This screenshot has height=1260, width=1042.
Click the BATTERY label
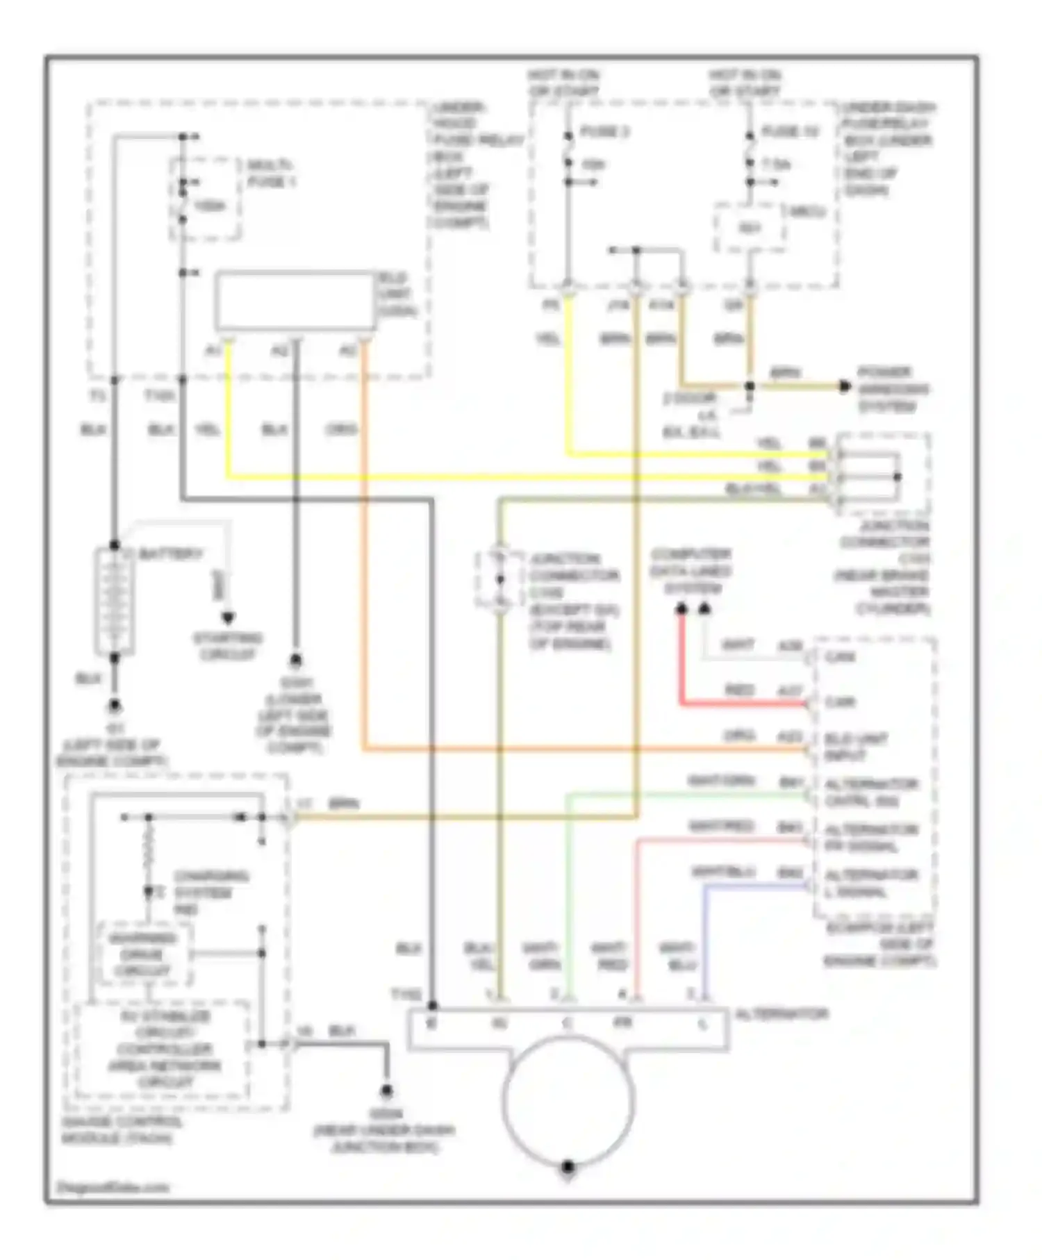(171, 554)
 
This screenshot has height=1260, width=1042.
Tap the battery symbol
(114, 601)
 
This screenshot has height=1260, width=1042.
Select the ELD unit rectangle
(295, 301)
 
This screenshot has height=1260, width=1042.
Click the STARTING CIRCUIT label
(227, 646)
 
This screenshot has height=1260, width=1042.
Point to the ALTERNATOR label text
(781, 1014)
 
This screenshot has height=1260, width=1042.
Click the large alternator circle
(568, 1098)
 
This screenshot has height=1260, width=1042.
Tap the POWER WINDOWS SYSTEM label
(893, 389)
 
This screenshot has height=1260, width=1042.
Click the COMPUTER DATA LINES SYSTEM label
(691, 572)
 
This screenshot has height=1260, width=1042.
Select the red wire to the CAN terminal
(736, 704)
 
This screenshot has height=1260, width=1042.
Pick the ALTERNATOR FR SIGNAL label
(871, 838)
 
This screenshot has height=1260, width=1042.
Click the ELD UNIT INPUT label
(856, 747)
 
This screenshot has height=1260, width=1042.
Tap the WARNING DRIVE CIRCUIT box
(142, 954)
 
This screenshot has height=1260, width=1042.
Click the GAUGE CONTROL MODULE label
(122, 1130)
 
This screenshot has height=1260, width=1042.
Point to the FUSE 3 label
(604, 132)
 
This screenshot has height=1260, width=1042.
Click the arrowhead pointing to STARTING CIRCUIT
(227, 617)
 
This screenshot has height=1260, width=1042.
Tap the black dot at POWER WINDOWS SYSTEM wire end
(845, 386)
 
